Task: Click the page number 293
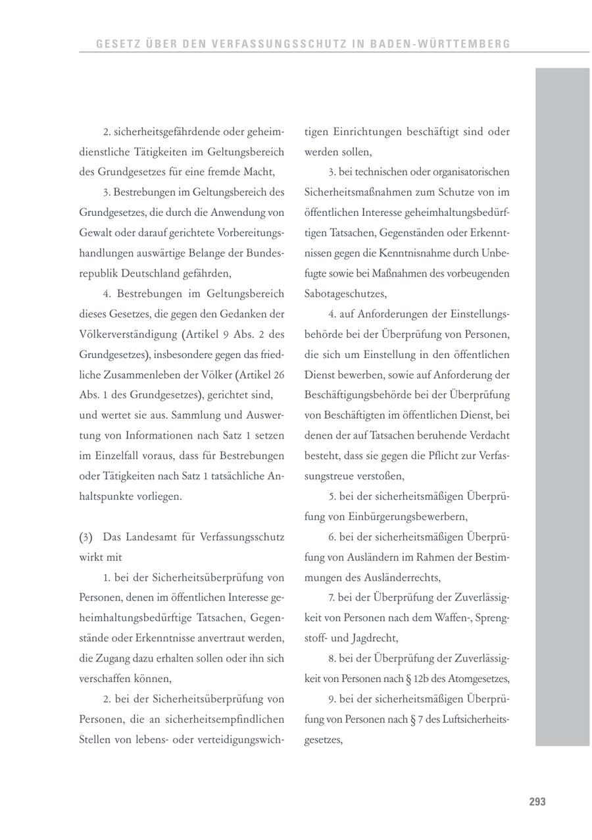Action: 537,802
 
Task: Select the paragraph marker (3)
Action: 86,537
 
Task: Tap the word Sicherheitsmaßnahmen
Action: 358,192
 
